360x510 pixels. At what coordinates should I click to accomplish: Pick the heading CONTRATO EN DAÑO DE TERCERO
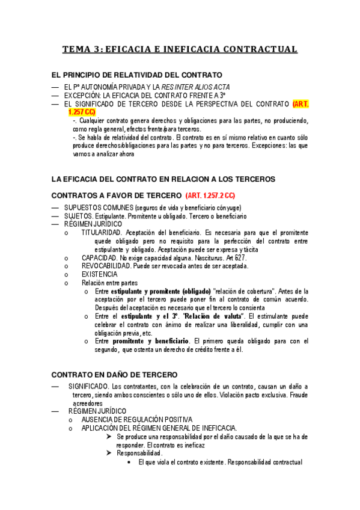113,373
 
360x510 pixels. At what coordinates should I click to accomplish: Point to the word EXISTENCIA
100,274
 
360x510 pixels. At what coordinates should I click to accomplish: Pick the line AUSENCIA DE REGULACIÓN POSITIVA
136,419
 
